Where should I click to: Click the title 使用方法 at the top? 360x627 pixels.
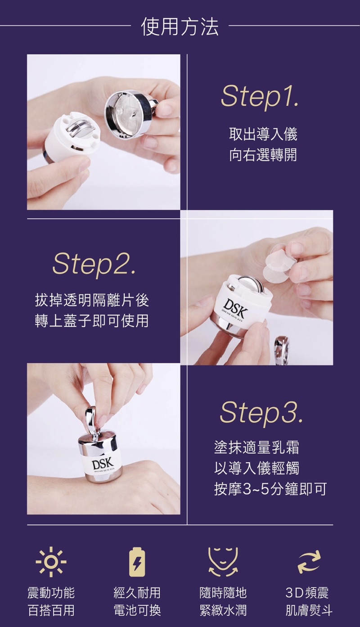(x=180, y=27)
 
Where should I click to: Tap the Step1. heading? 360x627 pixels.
(x=260, y=96)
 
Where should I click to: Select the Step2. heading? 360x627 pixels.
(x=94, y=264)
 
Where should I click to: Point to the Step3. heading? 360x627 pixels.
(x=261, y=412)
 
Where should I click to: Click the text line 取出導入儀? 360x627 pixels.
(x=263, y=134)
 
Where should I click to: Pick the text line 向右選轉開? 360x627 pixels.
(x=263, y=155)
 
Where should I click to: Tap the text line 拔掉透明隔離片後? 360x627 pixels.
(x=92, y=300)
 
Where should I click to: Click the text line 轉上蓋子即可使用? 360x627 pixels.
(x=92, y=321)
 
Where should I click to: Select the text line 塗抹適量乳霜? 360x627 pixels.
(x=256, y=447)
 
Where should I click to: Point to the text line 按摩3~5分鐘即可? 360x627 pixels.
(x=270, y=489)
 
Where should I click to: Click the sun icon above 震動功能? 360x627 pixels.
(x=51, y=562)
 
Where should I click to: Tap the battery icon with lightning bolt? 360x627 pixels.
(x=137, y=562)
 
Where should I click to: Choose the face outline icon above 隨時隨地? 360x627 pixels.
(x=223, y=562)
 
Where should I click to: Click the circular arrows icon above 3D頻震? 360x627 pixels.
(x=309, y=562)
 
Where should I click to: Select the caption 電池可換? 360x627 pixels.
(x=137, y=610)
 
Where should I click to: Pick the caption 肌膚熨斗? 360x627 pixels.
(x=309, y=610)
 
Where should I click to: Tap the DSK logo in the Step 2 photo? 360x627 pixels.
(x=236, y=308)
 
